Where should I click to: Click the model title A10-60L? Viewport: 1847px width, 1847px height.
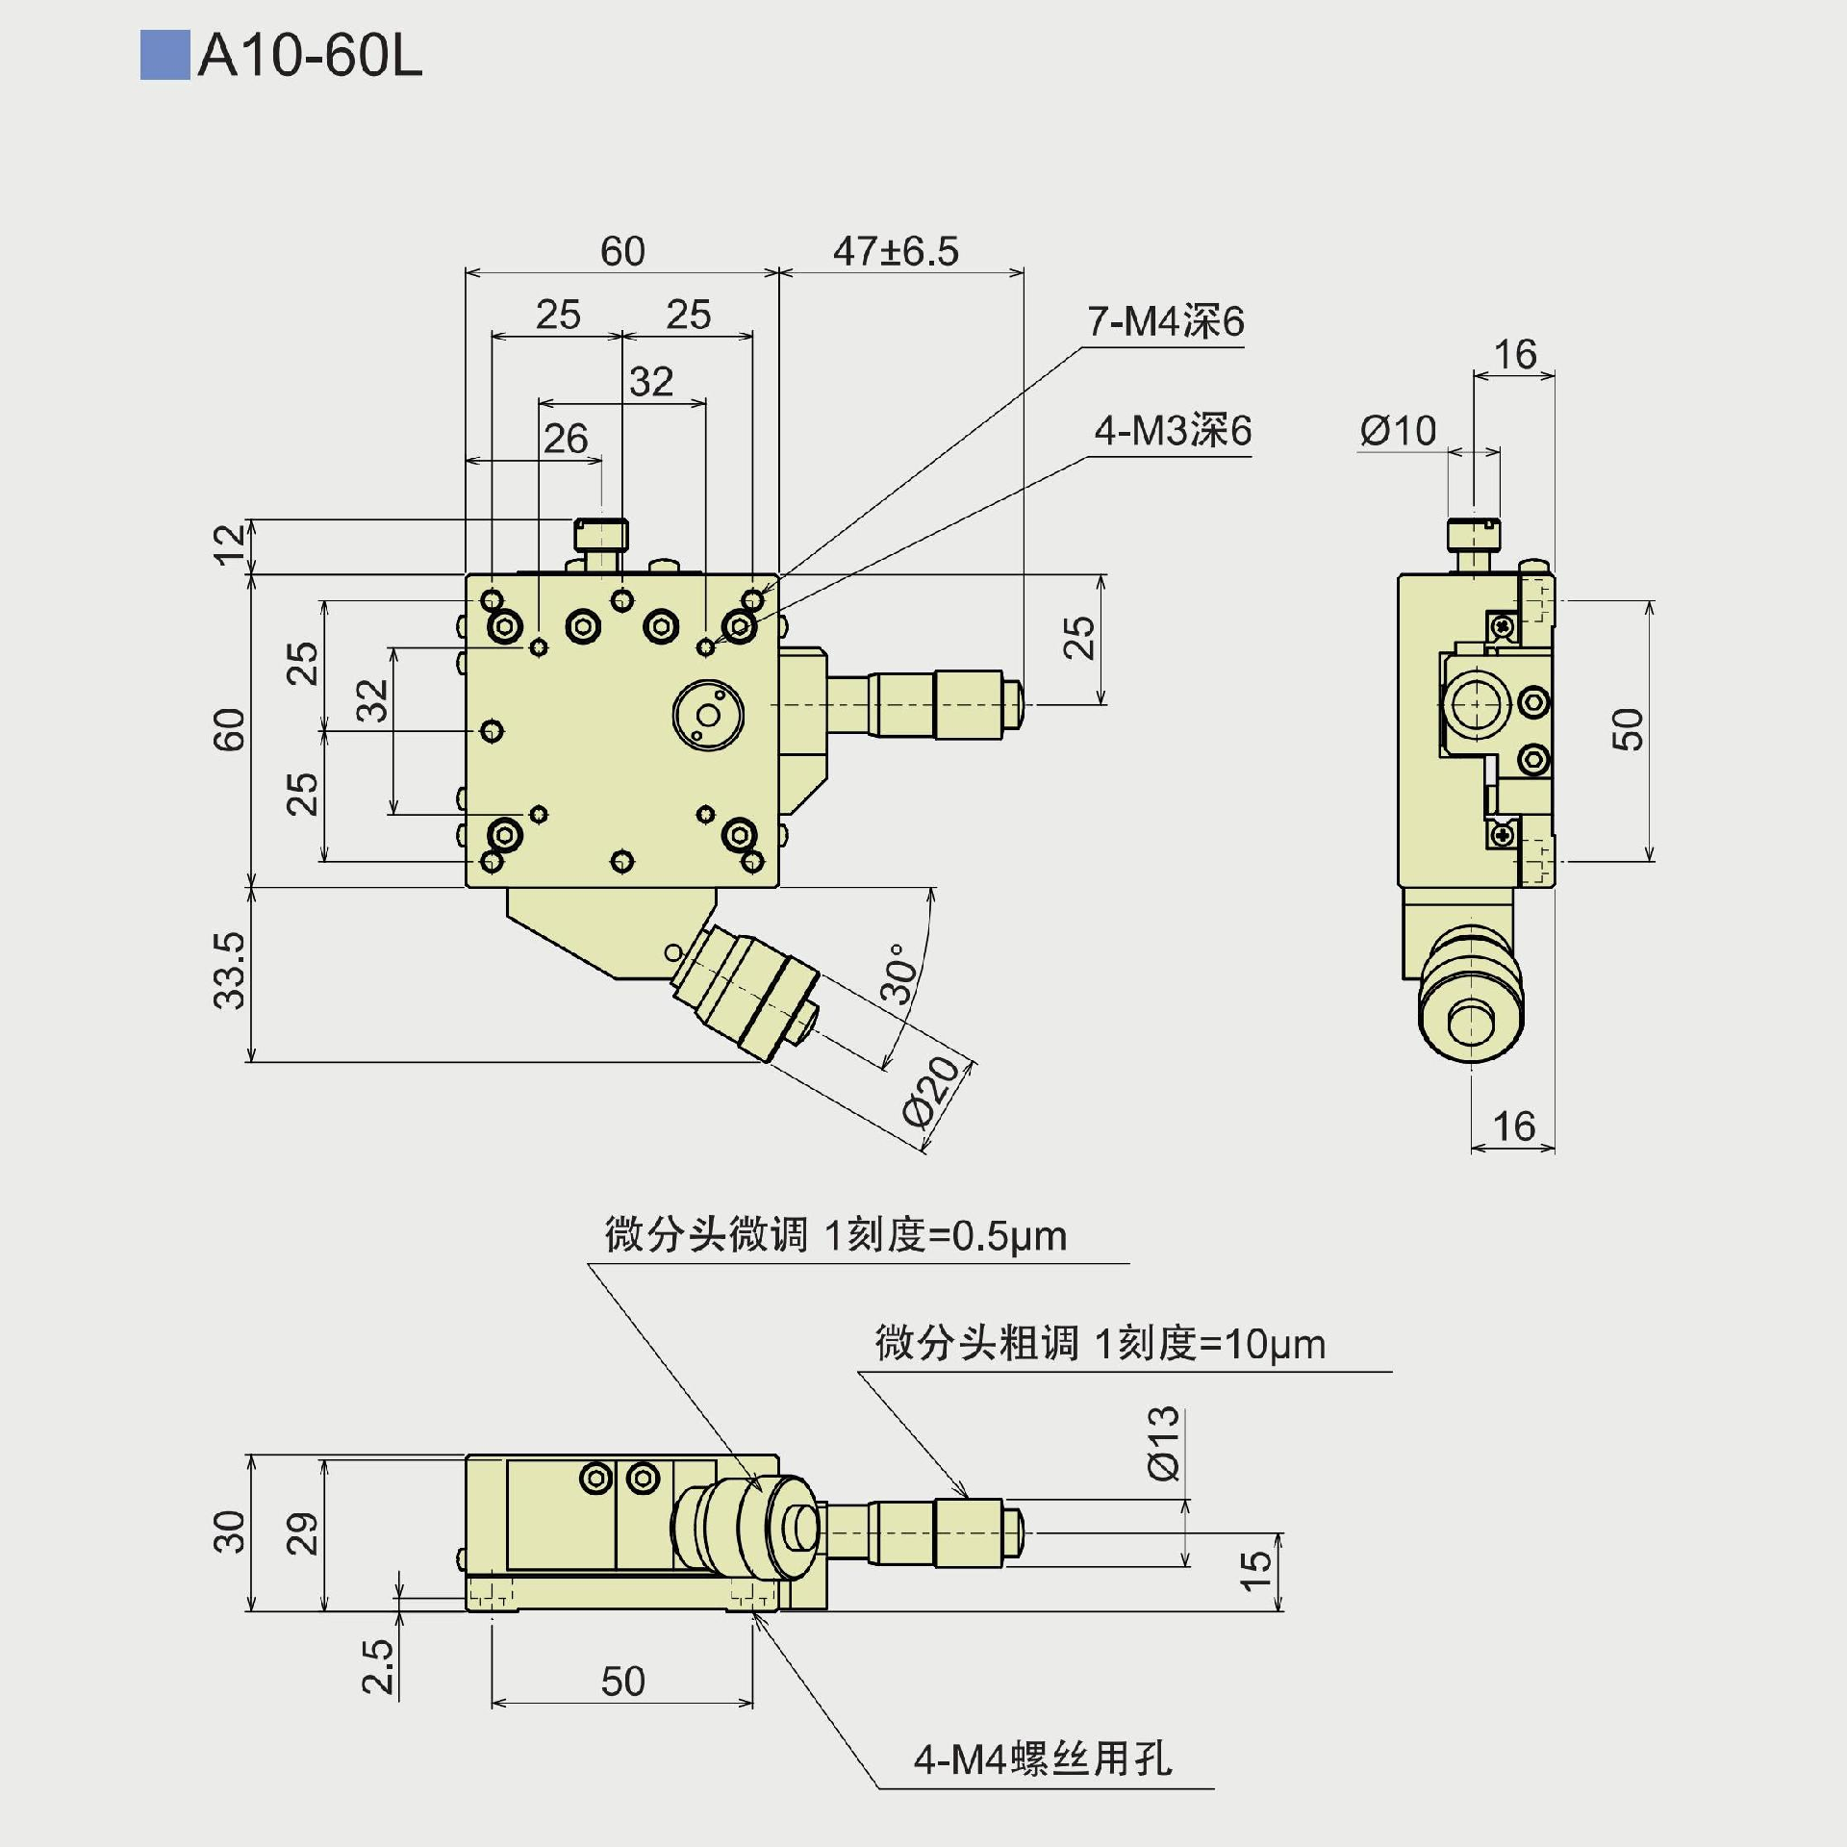tap(310, 57)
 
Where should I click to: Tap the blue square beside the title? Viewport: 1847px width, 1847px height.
tap(164, 56)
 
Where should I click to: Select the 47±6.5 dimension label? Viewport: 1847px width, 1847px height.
tap(896, 252)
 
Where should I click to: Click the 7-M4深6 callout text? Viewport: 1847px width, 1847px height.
tap(1165, 321)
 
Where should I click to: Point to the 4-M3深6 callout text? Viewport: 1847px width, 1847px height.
tap(1173, 431)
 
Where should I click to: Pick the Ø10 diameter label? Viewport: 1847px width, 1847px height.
tap(1398, 431)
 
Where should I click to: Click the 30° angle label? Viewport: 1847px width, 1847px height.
tap(899, 974)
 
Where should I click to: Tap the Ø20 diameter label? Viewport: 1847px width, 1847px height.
tap(932, 1091)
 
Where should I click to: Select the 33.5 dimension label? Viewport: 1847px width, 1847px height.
tap(230, 971)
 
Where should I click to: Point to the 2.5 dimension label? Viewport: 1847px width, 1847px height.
tap(378, 1666)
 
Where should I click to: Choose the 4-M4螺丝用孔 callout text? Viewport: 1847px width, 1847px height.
tap(1043, 1759)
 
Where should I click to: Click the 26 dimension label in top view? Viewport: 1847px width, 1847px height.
tap(566, 440)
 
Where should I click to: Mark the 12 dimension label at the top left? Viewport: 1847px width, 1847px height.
tap(230, 544)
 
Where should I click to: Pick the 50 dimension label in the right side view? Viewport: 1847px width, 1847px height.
tap(1628, 729)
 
